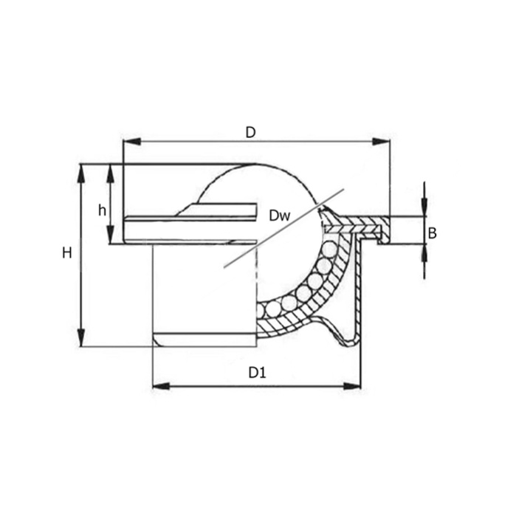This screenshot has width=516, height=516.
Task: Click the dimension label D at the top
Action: point(250,133)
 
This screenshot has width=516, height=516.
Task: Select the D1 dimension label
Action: point(256,374)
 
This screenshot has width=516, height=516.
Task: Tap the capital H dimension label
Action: point(67,253)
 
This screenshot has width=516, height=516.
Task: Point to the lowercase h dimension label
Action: point(102,210)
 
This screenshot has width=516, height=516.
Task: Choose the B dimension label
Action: point(433,233)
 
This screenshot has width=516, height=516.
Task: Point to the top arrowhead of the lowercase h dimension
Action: point(110,172)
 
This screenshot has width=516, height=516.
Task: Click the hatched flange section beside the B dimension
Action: point(362,221)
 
